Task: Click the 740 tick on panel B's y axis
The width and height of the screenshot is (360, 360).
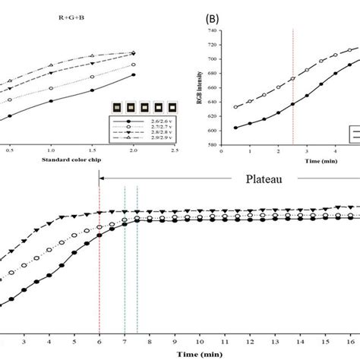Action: click(x=214, y=31)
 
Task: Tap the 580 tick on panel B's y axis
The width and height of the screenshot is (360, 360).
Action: click(x=214, y=145)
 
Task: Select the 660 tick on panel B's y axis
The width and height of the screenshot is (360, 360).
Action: click(x=214, y=88)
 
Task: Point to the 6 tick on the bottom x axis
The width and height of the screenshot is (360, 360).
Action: click(x=99, y=341)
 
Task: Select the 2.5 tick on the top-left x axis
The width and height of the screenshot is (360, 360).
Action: click(x=174, y=152)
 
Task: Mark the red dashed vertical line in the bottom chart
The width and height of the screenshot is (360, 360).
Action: click(x=99, y=258)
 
